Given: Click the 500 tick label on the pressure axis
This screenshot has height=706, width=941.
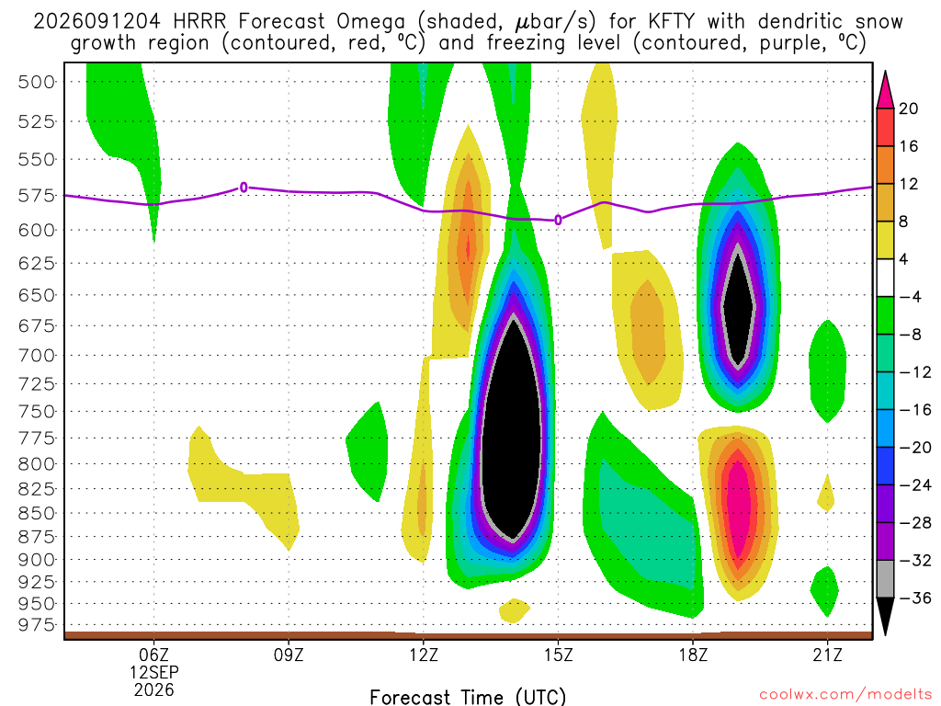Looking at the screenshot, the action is pyautogui.click(x=37, y=82).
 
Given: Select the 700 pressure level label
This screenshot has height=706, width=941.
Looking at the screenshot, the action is pyautogui.click(x=37, y=356).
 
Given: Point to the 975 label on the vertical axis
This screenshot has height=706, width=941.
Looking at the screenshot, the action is pyautogui.click(x=37, y=625).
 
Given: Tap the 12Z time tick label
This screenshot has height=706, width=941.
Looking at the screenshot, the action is pyautogui.click(x=424, y=655).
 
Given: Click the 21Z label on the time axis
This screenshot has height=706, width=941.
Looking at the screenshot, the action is pyautogui.click(x=828, y=655).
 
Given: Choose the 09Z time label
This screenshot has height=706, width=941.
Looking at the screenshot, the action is pyautogui.click(x=289, y=655).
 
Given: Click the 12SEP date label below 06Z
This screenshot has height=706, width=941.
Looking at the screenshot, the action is pyautogui.click(x=154, y=672).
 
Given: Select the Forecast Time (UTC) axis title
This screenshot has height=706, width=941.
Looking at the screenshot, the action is pyautogui.click(x=468, y=697).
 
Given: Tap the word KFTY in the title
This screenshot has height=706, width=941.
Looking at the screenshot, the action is pyautogui.click(x=671, y=22).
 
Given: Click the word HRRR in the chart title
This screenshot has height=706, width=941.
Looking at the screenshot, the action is pyautogui.click(x=199, y=22).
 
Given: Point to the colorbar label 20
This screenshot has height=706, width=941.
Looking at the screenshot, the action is pyautogui.click(x=908, y=108).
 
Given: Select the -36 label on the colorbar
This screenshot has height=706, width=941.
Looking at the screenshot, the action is pyautogui.click(x=915, y=598).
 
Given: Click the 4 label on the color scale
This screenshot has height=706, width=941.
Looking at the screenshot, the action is pyautogui.click(x=903, y=259).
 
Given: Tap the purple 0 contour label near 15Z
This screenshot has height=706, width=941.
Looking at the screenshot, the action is pyautogui.click(x=558, y=221).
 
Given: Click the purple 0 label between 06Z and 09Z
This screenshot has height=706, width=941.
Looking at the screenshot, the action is pyautogui.click(x=243, y=188).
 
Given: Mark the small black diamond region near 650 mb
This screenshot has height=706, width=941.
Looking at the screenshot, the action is pyautogui.click(x=738, y=306).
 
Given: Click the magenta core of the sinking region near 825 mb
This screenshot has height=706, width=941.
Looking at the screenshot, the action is pyautogui.click(x=738, y=506).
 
